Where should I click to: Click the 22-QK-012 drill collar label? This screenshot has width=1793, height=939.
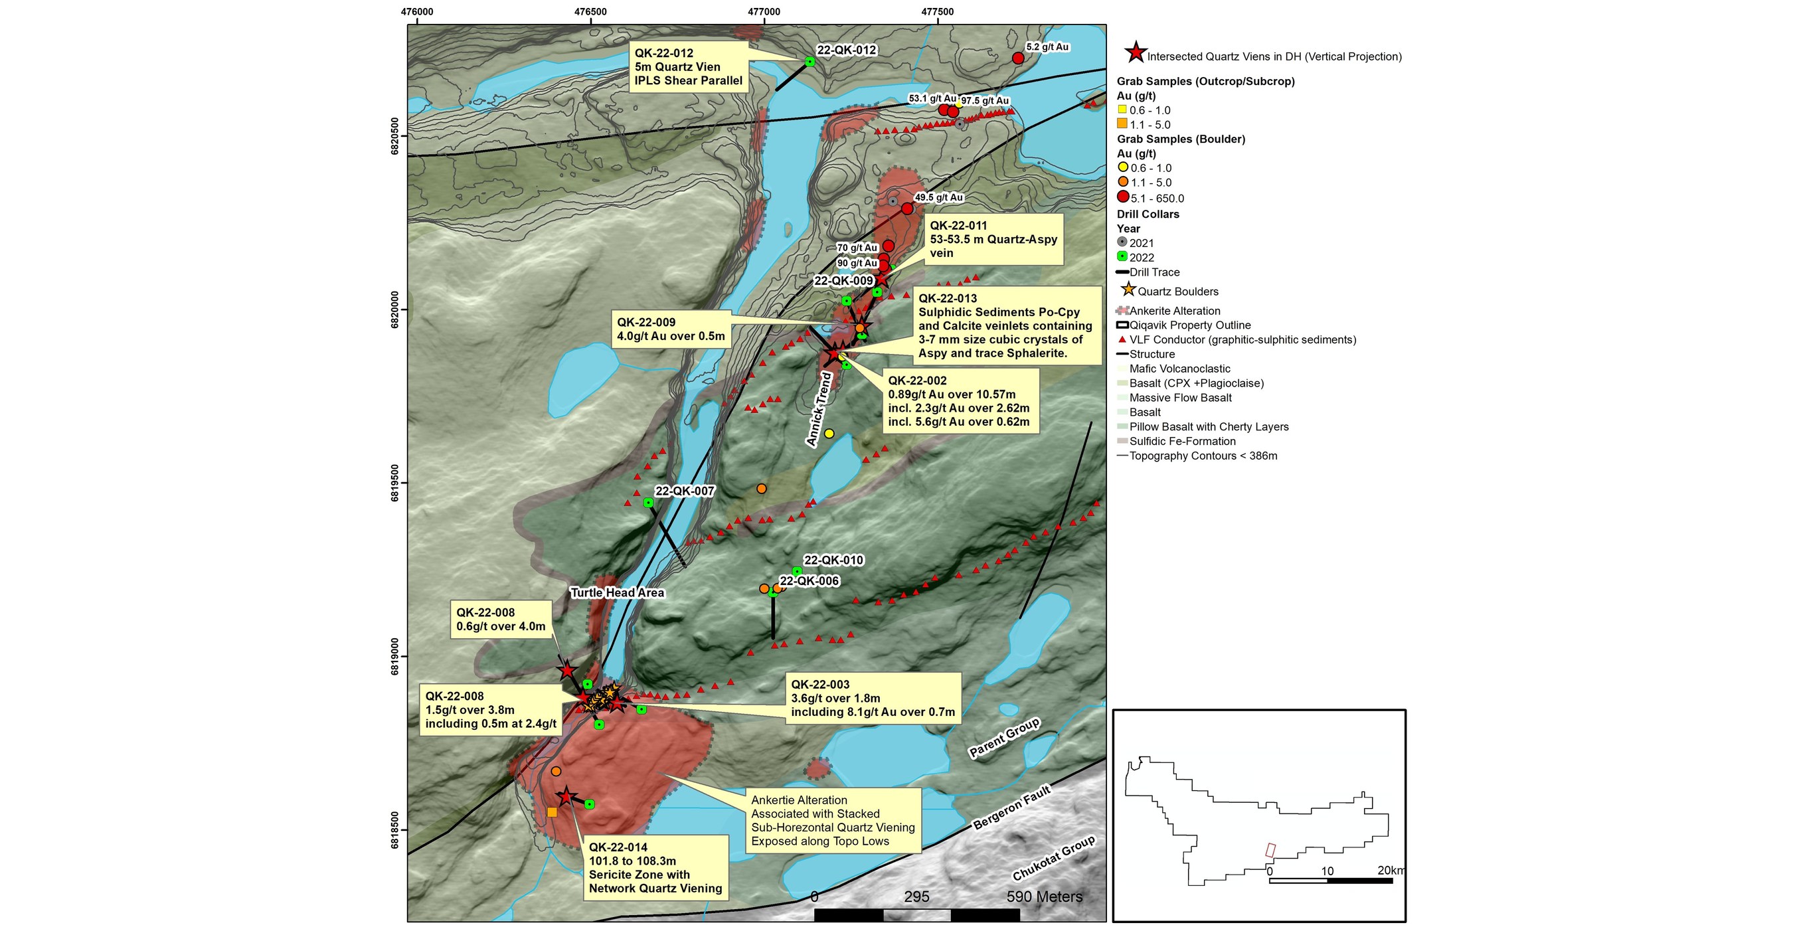847,50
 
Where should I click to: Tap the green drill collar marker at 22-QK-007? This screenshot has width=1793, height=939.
648,503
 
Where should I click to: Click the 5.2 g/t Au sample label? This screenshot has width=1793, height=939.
1047,47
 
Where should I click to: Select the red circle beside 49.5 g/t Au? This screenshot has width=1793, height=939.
907,209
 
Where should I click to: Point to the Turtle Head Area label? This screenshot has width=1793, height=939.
617,592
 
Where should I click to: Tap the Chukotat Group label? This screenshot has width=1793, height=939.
1053,858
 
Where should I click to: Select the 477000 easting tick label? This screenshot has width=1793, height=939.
764,12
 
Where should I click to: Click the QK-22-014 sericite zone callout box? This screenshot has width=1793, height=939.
655,867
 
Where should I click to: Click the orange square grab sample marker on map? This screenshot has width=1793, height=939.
552,811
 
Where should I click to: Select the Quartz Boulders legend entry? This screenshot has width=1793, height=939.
1177,292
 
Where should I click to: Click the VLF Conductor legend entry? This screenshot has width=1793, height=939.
1242,340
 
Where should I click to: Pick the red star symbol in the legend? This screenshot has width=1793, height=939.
1136,53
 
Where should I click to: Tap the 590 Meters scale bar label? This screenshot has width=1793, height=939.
1044,897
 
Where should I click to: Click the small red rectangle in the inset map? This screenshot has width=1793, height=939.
1270,850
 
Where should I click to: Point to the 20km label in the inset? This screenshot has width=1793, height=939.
1391,871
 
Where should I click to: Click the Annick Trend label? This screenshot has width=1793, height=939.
819,409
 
